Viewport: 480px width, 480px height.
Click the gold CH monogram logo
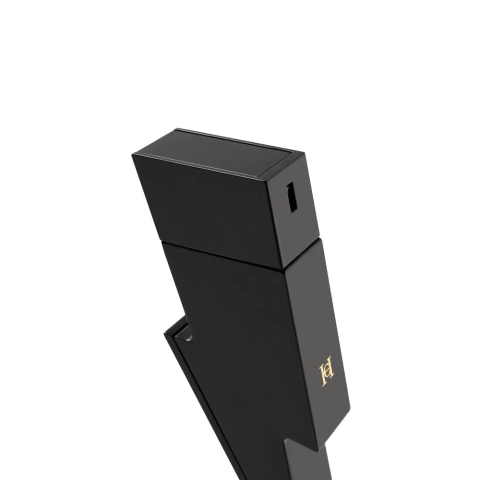(326, 370)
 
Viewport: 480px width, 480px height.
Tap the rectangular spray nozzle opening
(291, 197)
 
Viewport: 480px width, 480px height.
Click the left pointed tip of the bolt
(164, 333)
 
